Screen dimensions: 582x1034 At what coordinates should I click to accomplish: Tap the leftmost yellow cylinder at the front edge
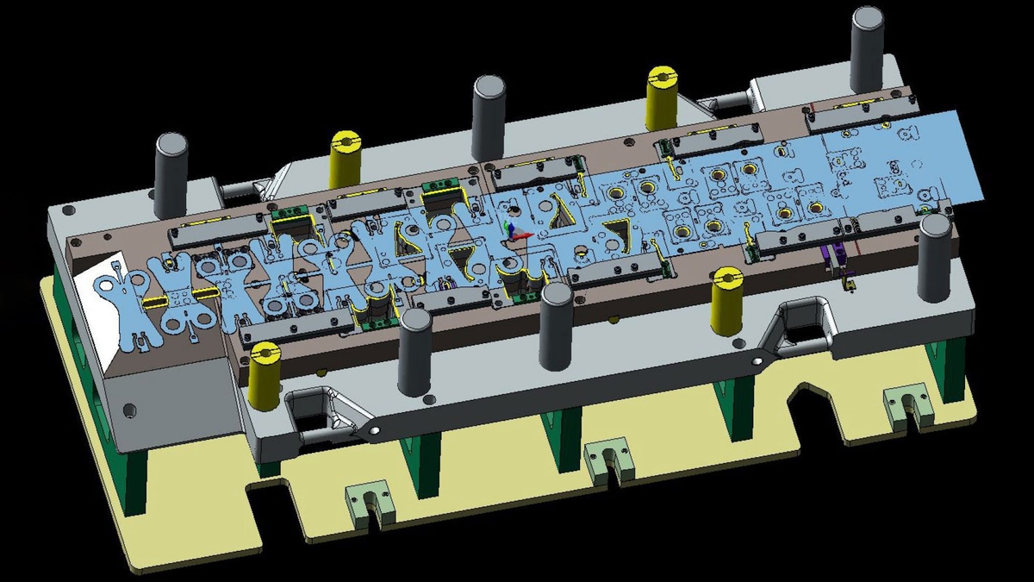(x=264, y=376)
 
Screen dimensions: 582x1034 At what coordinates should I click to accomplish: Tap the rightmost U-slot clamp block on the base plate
(x=907, y=406)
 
